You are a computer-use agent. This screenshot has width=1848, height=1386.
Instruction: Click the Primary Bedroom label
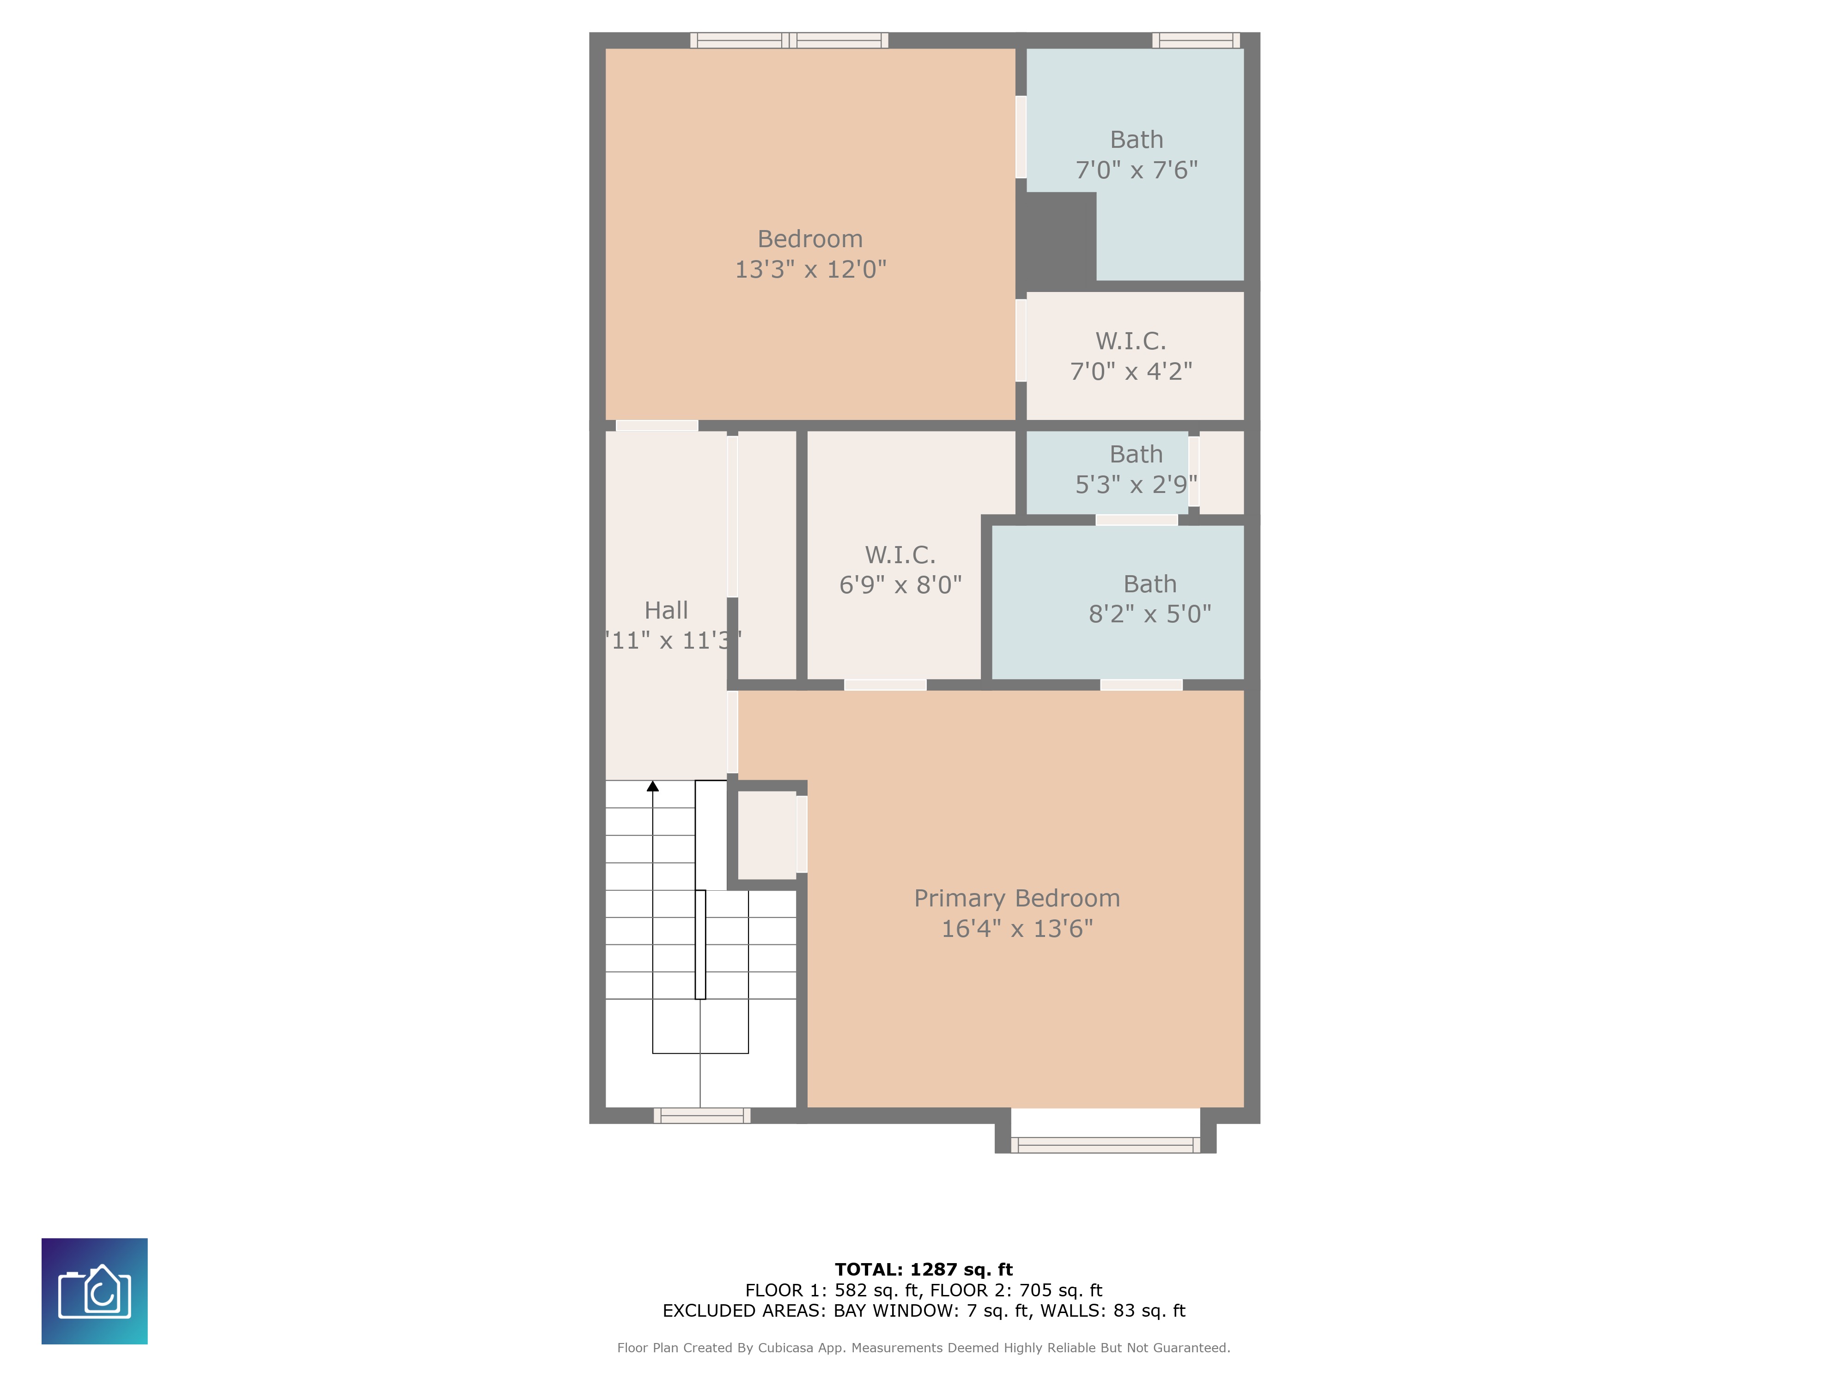pyautogui.click(x=1017, y=898)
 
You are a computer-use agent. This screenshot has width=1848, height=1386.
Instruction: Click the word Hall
pyautogui.click(x=666, y=611)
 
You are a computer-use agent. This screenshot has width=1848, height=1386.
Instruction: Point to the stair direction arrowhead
pyautogui.click(x=652, y=786)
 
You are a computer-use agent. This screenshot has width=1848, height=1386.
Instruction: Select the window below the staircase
pyautogui.click(x=702, y=1115)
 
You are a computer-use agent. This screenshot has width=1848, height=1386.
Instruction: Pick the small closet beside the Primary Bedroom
pyautogui.click(x=766, y=834)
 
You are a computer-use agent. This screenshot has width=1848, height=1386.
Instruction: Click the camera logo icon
pyautogui.click(x=94, y=1291)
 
